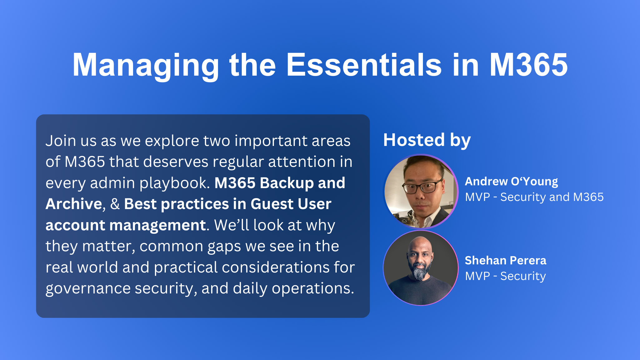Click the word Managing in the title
[146, 65]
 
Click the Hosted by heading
[427, 140]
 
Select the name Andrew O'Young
[511, 182]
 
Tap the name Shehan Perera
[505, 260]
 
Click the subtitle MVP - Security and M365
[534, 197]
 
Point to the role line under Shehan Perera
[505, 276]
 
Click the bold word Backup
[287, 183]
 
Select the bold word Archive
[74, 204]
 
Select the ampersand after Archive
[115, 204]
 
